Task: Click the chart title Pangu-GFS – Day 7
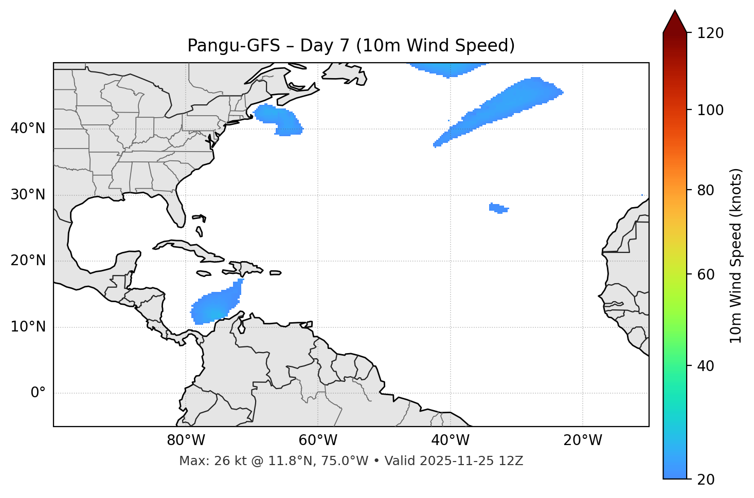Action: coord(351,46)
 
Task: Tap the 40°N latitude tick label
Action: coord(28,128)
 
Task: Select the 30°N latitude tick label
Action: coord(28,195)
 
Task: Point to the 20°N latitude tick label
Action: coord(28,261)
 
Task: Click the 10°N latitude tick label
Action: coord(28,327)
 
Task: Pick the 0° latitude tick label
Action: coord(38,393)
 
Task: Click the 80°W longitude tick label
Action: coord(186,440)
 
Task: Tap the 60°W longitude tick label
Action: coord(318,440)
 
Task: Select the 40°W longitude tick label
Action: coord(451,440)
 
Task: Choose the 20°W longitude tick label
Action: coord(583,440)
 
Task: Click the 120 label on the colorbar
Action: coord(710,33)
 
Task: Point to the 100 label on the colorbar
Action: coord(710,110)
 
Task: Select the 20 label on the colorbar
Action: coord(706,479)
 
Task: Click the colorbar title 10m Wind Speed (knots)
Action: coord(736,255)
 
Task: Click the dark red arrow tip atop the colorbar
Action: coord(675,21)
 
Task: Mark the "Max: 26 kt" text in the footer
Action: coord(206,461)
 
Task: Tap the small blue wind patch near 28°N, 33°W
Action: coord(498,208)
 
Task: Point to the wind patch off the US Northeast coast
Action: coord(278,118)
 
